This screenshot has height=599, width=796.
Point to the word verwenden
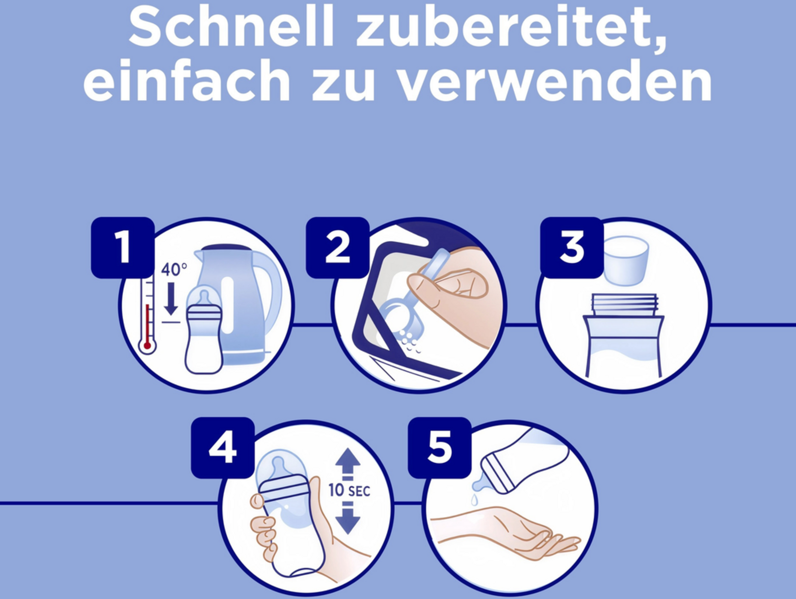click(556, 82)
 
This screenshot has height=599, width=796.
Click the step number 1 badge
click(123, 248)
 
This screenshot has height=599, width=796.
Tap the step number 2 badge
click(338, 248)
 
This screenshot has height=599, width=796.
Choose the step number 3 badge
click(572, 248)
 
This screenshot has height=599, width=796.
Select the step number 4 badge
click(223, 448)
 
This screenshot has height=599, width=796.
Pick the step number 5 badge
click(439, 448)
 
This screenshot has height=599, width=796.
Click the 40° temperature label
click(174, 269)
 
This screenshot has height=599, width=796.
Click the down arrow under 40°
click(171, 298)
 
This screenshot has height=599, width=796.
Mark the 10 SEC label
click(349, 490)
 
